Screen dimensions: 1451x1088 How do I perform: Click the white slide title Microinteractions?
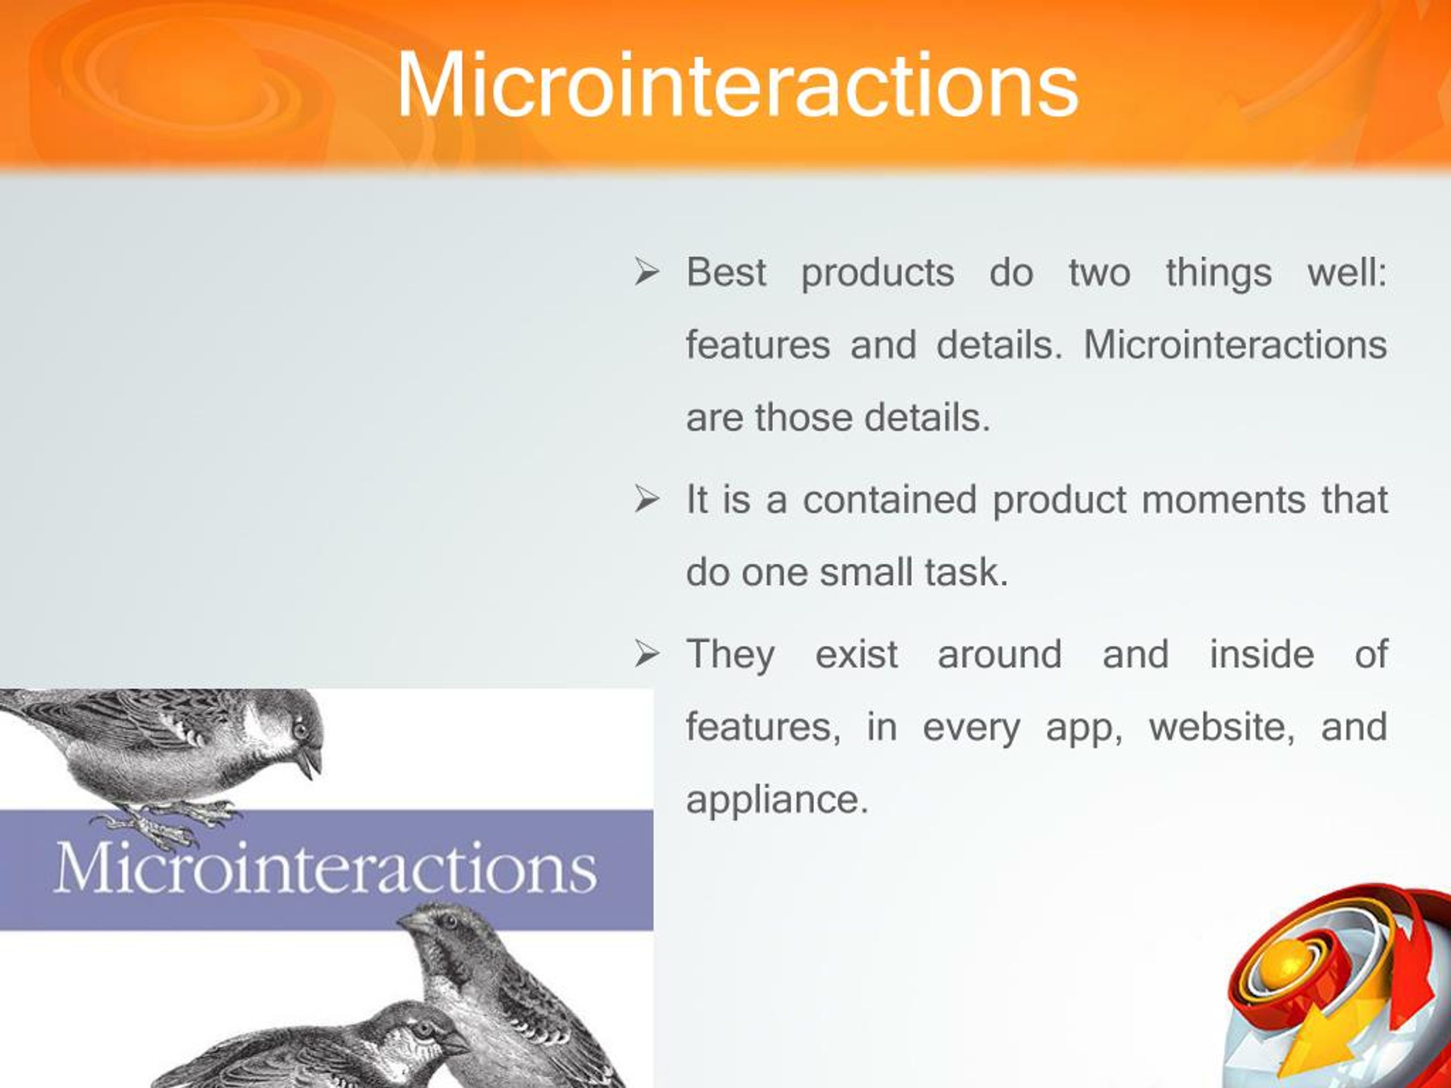pyautogui.click(x=737, y=84)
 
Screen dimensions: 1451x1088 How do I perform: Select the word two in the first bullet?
pyautogui.click(x=1100, y=273)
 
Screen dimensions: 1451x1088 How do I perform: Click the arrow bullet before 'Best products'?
pyautogui.click(x=646, y=272)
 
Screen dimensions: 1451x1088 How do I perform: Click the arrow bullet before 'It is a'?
pyautogui.click(x=646, y=500)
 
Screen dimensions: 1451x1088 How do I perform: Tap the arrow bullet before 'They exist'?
pyautogui.click(x=646, y=654)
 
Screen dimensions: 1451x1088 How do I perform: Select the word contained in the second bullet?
pyautogui.click(x=890, y=499)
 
